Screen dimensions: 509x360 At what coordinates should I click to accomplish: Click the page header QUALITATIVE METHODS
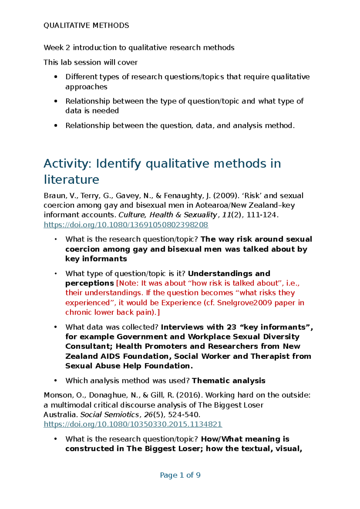click(x=86, y=26)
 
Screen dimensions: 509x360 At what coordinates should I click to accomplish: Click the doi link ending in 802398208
click(x=126, y=225)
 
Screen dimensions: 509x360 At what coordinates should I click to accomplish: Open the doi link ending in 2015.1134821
click(x=133, y=424)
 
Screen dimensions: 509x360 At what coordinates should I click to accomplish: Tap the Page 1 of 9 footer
click(x=180, y=475)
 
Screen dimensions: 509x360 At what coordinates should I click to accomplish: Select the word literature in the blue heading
click(x=71, y=180)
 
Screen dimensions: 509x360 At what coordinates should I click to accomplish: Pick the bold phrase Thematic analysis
click(x=229, y=381)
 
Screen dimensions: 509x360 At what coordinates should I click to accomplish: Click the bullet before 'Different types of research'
click(x=55, y=77)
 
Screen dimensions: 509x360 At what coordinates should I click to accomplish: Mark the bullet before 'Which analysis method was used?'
click(x=55, y=381)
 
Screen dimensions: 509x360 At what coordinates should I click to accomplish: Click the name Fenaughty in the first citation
click(x=184, y=196)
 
